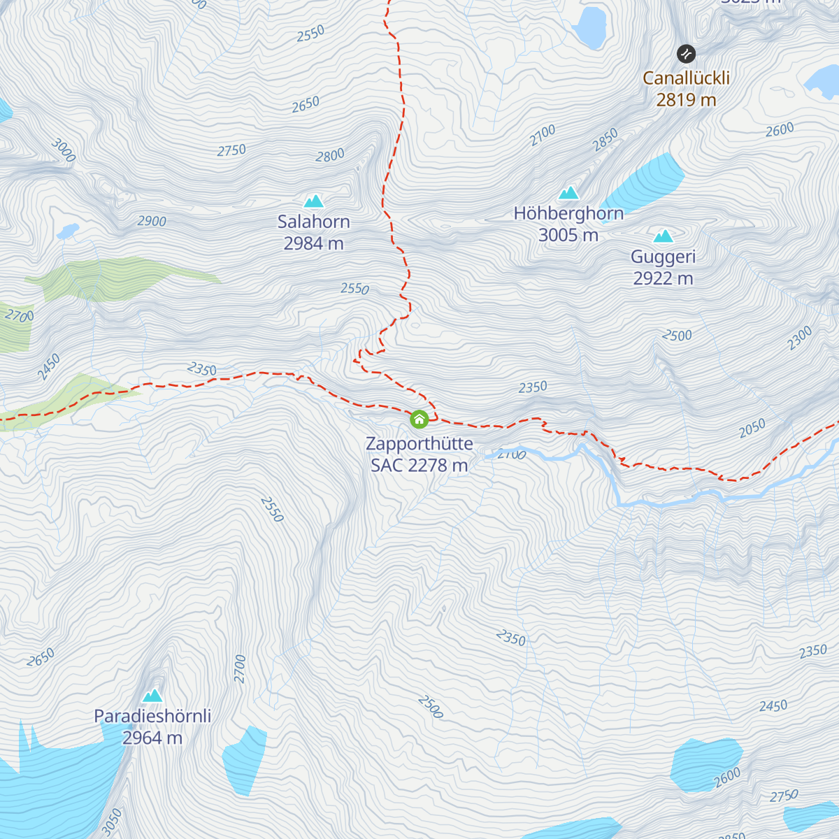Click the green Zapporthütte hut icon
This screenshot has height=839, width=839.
tap(419, 419)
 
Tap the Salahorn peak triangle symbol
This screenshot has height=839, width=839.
tap(313, 201)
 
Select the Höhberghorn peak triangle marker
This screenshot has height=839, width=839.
tap(568, 193)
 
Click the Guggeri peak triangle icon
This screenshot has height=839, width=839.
tap(663, 236)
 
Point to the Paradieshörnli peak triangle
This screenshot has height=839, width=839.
tap(152, 696)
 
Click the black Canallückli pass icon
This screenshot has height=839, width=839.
tap(687, 53)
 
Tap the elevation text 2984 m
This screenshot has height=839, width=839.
tap(313, 243)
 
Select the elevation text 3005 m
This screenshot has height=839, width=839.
tap(568, 235)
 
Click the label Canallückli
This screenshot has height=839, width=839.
tap(686, 78)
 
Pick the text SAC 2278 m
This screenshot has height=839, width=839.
tap(419, 465)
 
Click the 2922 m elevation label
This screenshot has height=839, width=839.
tap(663, 278)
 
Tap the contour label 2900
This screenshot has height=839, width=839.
tap(152, 221)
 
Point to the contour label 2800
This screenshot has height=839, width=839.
tap(330, 155)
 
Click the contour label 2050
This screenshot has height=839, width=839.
tap(752, 428)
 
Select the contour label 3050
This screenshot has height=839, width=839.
tap(112, 822)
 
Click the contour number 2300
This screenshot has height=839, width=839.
tap(800, 338)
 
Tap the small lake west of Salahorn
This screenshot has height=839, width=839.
tap(68, 231)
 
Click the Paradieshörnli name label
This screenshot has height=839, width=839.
tap(152, 716)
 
